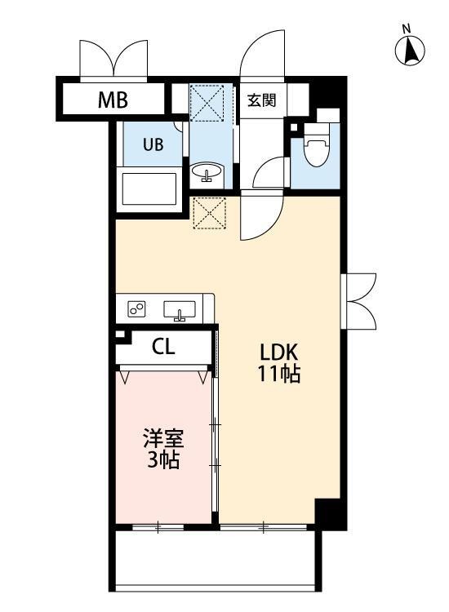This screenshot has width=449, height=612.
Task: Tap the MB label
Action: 113,100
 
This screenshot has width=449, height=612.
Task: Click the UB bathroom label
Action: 153,145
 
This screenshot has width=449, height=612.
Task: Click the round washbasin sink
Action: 208,173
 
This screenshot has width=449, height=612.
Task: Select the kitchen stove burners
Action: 136,308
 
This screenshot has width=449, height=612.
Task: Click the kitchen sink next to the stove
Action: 180,309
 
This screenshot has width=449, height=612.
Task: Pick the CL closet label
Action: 163,347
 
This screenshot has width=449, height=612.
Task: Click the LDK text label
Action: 280,353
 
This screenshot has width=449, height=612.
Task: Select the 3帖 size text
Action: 163,459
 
